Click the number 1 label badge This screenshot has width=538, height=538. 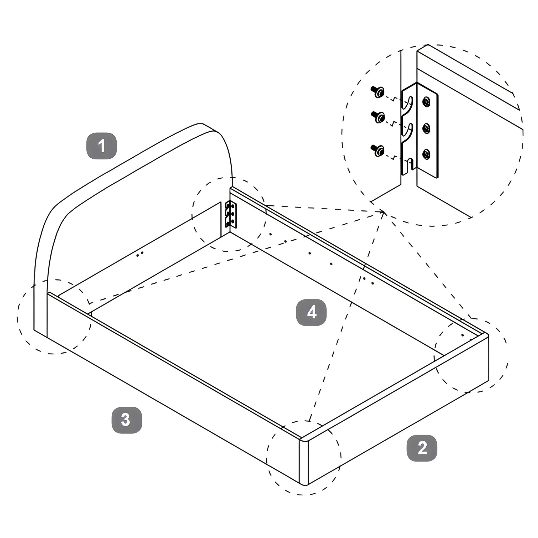102,146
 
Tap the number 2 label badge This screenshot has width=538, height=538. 422,448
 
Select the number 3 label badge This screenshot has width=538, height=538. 127,420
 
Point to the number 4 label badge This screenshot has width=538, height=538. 311,312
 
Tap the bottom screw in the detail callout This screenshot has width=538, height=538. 377,150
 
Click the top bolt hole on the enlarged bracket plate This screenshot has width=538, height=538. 426,102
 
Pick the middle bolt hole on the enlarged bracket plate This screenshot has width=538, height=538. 426,128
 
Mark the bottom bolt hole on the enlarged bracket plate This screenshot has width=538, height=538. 426,154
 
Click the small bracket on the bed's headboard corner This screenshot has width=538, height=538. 231,214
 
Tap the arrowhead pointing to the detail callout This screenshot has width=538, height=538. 382,213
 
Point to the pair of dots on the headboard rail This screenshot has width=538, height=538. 140,254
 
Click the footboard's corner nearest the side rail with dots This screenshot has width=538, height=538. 486,335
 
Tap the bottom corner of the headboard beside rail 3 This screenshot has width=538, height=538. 34,330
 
